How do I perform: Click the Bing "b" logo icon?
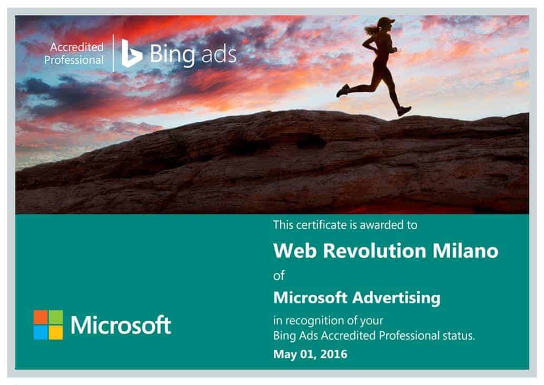point(131,53)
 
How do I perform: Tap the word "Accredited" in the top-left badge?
point(77,47)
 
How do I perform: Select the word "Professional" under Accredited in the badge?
point(74,61)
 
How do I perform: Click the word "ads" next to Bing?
point(219,54)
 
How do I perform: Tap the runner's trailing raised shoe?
point(343,91)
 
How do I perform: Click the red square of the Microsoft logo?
point(41,317)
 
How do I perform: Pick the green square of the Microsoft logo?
point(56,317)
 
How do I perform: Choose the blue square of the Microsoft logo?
point(41,332)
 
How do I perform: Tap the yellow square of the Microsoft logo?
point(56,332)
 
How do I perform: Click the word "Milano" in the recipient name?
point(465,250)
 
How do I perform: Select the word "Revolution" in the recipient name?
point(374,250)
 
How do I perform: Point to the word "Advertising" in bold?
point(397,298)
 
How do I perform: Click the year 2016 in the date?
point(334,354)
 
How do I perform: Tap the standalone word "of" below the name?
point(279,276)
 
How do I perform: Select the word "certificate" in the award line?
point(322,225)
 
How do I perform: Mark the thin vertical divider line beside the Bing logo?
point(113,53)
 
